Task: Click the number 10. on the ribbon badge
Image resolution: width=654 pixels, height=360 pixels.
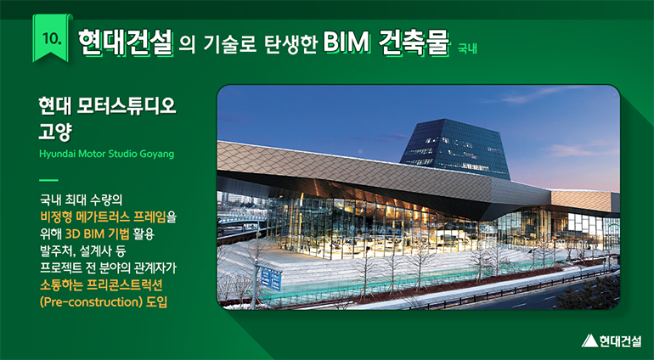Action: click(x=52, y=38)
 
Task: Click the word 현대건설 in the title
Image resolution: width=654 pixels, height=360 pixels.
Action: click(x=125, y=42)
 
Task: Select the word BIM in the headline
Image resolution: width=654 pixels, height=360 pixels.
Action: click(x=347, y=42)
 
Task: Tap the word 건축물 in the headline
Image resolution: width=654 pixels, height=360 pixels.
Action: click(x=414, y=42)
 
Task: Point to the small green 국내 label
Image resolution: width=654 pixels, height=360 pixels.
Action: click(x=467, y=48)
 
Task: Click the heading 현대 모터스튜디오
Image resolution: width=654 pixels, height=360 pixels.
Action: click(x=107, y=106)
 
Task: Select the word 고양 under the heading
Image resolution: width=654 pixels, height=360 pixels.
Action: click(x=55, y=131)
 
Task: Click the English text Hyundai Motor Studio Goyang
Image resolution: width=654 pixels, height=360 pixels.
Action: click(x=107, y=154)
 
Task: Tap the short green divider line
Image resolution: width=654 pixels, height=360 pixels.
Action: click(x=48, y=180)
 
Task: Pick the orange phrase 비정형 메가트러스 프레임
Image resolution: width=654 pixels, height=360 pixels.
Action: click(x=103, y=217)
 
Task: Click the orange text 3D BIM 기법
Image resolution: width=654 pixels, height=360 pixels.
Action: click(x=97, y=233)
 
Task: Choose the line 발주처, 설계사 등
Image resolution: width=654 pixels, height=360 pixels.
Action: click(x=83, y=250)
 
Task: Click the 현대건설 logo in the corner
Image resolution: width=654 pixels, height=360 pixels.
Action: click(x=612, y=340)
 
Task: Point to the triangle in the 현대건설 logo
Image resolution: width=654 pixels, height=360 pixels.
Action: click(x=589, y=340)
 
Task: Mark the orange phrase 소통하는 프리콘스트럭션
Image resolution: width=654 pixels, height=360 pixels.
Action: click(x=101, y=285)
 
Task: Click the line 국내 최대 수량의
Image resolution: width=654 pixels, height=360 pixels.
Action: click(x=82, y=200)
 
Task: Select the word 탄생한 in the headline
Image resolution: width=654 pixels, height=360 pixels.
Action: click(x=290, y=43)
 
